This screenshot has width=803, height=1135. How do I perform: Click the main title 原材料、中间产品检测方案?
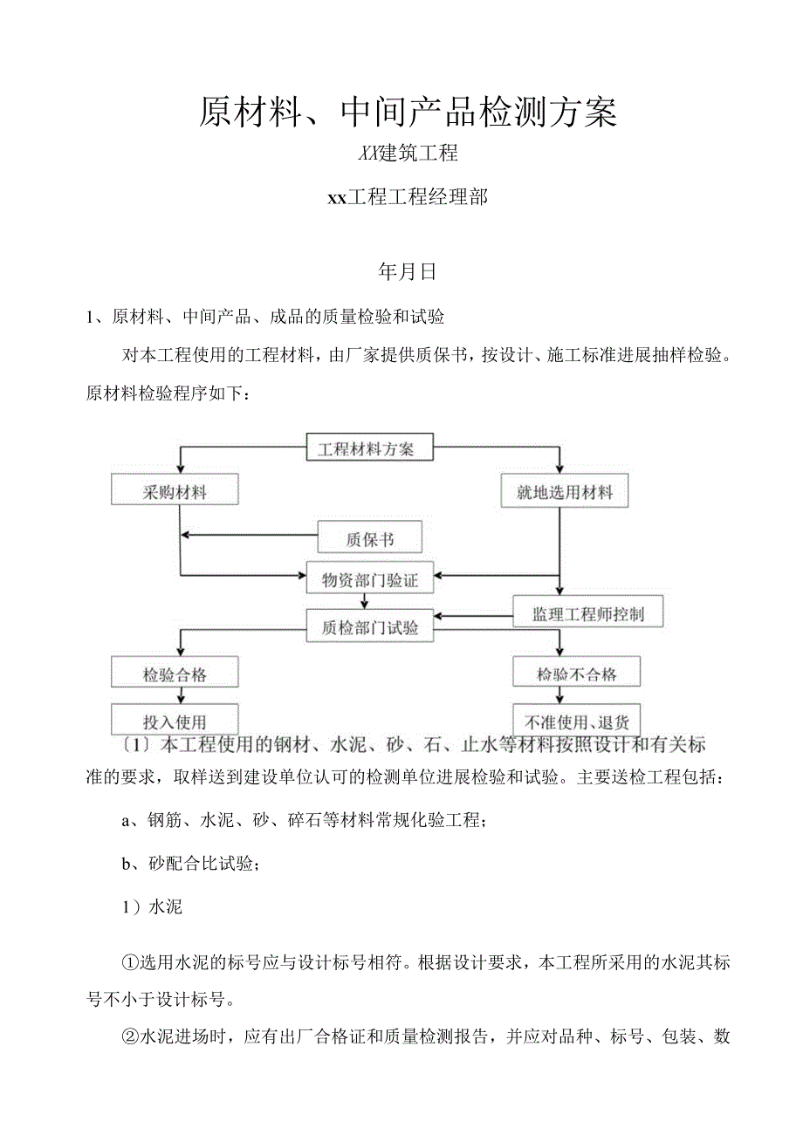pos(408,112)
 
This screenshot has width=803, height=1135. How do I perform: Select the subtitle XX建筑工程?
pos(408,154)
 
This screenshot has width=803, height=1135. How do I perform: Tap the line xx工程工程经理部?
pos(407,198)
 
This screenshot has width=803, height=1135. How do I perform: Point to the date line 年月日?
pos(407,272)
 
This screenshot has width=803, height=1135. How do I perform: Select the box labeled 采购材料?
pos(175,491)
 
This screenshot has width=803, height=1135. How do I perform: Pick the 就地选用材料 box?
pos(564,492)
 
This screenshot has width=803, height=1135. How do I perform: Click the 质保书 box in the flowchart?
pos(369,539)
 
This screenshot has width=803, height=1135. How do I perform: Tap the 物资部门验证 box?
pos(369,580)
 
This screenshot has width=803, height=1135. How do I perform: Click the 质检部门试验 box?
pos(369,626)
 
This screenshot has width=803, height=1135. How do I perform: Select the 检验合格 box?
pos(175,673)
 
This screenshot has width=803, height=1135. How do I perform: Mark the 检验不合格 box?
pos(576,673)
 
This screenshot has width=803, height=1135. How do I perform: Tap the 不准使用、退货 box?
pos(576,721)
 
